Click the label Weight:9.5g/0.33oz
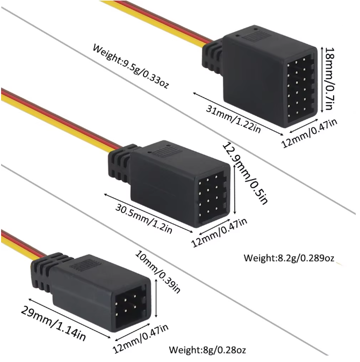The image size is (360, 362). (131, 66)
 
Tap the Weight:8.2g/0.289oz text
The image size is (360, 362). (289, 258)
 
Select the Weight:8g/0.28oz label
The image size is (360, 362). (207, 350)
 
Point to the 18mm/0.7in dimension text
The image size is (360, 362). (329, 79)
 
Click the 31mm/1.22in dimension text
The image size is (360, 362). (233, 119)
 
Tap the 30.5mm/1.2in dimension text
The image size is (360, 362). (144, 218)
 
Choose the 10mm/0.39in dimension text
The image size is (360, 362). (157, 272)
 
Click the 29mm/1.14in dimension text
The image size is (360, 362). (53, 323)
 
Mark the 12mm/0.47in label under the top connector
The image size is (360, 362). (309, 133)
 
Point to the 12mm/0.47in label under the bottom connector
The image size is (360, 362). (141, 338)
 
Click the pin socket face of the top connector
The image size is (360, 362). (300, 88)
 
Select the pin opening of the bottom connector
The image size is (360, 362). (131, 305)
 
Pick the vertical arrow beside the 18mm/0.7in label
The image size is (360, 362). (321, 80)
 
